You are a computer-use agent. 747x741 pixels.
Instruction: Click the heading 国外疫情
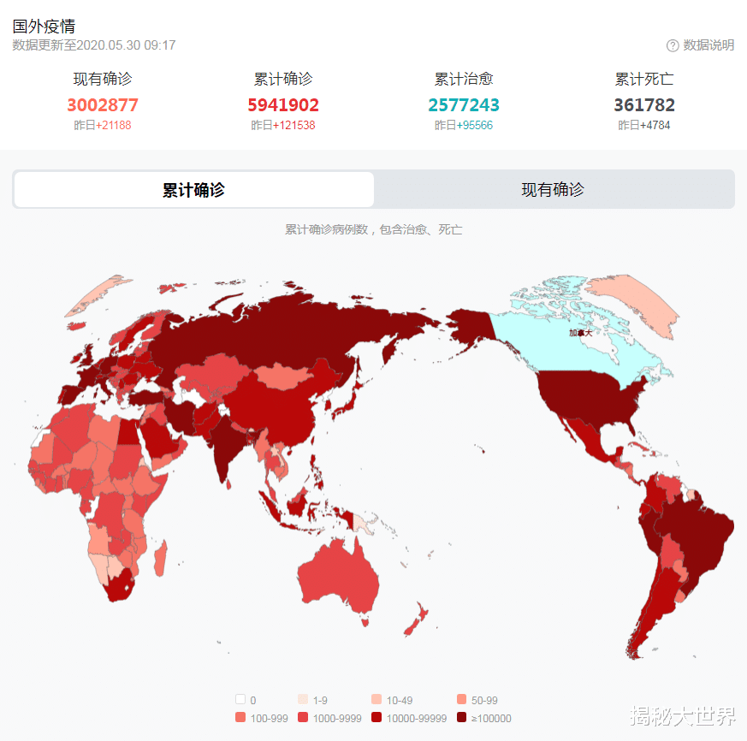(44, 27)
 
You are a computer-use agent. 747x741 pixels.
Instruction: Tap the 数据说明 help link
(701, 45)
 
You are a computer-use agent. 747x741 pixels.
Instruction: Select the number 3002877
(103, 105)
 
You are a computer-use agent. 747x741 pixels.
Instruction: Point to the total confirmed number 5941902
(283, 105)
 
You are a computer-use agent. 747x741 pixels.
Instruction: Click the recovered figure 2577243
(464, 105)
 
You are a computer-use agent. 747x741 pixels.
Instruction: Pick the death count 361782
(644, 105)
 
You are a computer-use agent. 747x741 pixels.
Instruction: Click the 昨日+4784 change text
(644, 126)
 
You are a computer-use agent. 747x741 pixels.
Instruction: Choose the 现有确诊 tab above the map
(553, 190)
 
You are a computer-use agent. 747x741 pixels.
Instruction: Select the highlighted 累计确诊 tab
(194, 190)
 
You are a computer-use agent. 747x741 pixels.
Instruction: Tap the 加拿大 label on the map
(581, 333)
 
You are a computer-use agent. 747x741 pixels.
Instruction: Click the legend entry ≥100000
(484, 719)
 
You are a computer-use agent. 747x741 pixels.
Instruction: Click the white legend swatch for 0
(240, 700)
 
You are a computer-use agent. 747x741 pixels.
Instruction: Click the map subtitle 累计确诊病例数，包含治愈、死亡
(373, 230)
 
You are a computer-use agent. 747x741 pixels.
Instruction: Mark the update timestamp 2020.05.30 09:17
(127, 45)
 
